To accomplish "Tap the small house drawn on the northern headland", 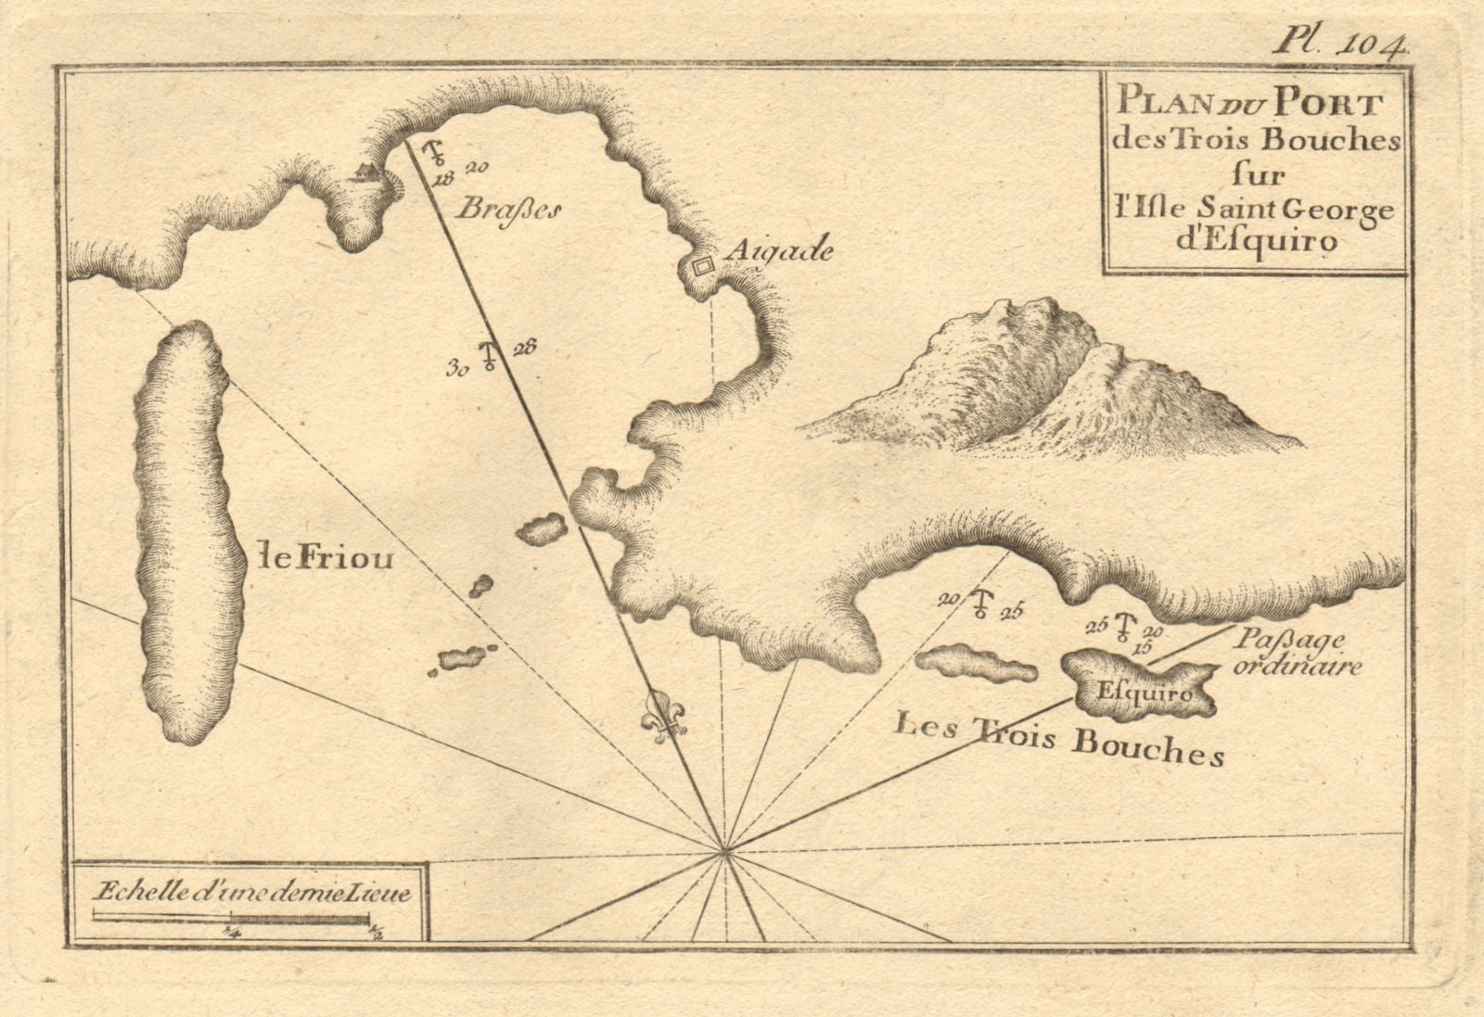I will click(365, 172).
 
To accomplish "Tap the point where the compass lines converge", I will click(724, 848).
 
